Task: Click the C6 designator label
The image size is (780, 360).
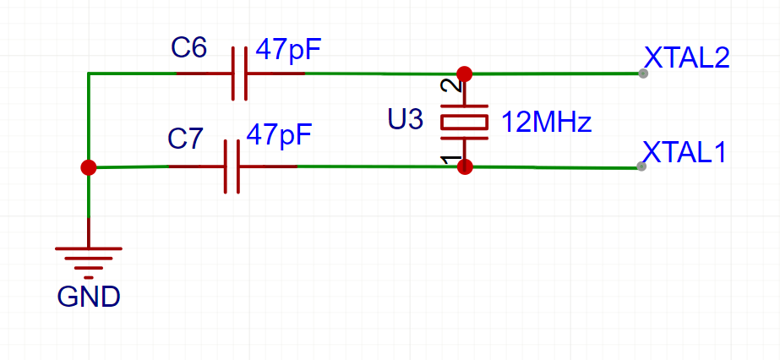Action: pos(188,49)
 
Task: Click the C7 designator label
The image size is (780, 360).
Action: pos(186,139)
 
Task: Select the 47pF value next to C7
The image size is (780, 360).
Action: pos(278,134)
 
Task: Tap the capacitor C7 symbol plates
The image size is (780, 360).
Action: pos(232,166)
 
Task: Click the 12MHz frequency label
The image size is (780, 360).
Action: pos(546,123)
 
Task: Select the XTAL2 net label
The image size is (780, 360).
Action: pos(686,57)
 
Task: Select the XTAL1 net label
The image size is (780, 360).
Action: pos(685,152)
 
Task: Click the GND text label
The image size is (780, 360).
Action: pos(88,297)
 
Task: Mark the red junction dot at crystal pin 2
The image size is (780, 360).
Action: pos(464,74)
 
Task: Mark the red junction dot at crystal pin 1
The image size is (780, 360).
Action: pos(464,166)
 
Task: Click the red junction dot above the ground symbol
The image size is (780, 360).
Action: pos(88,167)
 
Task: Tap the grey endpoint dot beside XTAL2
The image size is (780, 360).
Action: pos(643,74)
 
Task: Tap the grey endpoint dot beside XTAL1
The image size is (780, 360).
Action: pos(641,166)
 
